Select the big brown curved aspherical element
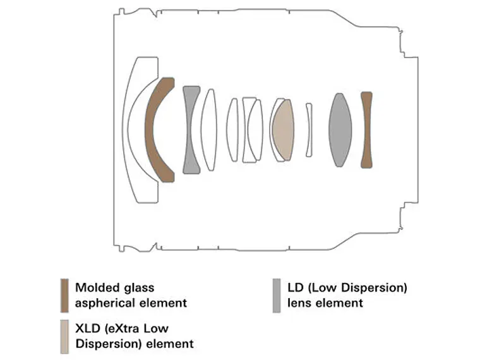[x=152, y=130]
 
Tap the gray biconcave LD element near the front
[x=191, y=130]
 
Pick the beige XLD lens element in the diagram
[x=283, y=130]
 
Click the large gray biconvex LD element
[x=340, y=130]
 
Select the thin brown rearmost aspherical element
[x=366, y=130]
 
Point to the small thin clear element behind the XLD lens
[x=309, y=130]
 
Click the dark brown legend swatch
[x=64, y=296]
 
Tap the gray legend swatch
[x=277, y=296]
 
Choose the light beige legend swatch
[x=64, y=337]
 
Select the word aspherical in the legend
[x=105, y=303]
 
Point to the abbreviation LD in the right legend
[x=295, y=288]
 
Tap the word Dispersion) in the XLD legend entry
[x=109, y=344]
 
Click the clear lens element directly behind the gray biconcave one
[x=209, y=130]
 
